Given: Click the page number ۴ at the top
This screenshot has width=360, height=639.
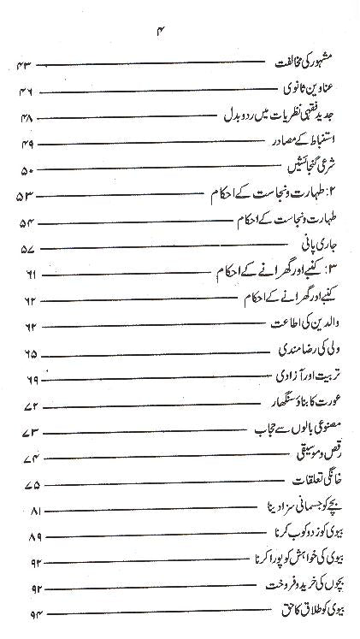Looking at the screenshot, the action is click(180, 32).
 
